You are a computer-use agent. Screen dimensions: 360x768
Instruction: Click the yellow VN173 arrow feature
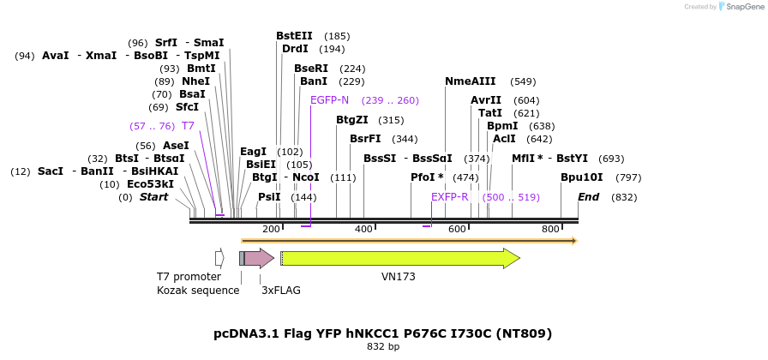tap(399, 258)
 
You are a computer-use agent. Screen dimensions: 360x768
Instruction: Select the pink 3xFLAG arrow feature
tap(259, 258)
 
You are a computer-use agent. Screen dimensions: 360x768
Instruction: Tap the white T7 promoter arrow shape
tap(219, 258)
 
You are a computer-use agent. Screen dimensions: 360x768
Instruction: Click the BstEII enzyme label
tap(294, 36)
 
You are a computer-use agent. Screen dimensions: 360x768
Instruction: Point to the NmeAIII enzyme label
tap(470, 81)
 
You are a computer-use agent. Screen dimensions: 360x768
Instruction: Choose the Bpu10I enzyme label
tap(581, 177)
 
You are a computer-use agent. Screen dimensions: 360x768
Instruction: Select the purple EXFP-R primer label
tap(450, 197)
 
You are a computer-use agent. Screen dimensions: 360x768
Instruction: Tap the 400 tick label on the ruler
tap(364, 229)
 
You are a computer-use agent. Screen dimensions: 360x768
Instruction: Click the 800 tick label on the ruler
tap(550, 229)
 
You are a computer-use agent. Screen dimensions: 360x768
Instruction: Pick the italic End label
tap(588, 197)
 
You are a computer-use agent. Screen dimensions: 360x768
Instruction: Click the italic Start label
tap(153, 197)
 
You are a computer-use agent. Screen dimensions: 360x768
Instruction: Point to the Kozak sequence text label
tap(198, 290)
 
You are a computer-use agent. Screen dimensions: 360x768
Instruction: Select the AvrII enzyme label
tap(486, 100)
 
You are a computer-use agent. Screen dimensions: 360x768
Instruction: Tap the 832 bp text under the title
tap(382, 347)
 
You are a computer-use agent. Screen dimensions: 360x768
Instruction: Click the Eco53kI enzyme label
tap(150, 183)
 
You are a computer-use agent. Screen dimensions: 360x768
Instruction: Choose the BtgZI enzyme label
tap(352, 120)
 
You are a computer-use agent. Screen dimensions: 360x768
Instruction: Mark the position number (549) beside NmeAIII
tap(523, 82)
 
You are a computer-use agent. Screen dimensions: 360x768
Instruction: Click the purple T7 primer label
tap(188, 126)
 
